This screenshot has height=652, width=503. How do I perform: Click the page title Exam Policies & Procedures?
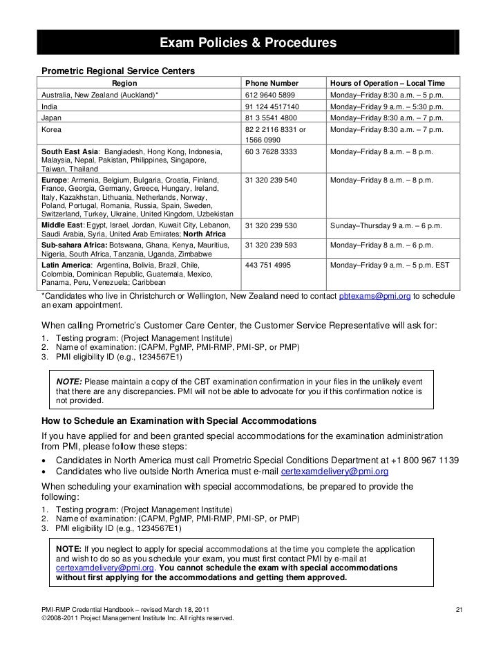tap(248, 44)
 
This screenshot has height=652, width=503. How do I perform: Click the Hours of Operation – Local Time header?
tap(391, 82)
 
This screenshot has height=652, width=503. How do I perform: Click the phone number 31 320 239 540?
tap(271, 180)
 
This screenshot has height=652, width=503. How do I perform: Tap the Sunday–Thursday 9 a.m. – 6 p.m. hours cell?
tap(390, 225)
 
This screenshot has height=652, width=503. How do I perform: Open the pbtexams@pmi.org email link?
tap(374, 296)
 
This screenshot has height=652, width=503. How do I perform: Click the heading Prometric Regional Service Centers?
tap(119, 71)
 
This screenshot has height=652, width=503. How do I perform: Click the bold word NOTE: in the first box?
tap(68, 382)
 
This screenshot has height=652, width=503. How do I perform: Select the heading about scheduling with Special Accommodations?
tap(179, 421)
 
